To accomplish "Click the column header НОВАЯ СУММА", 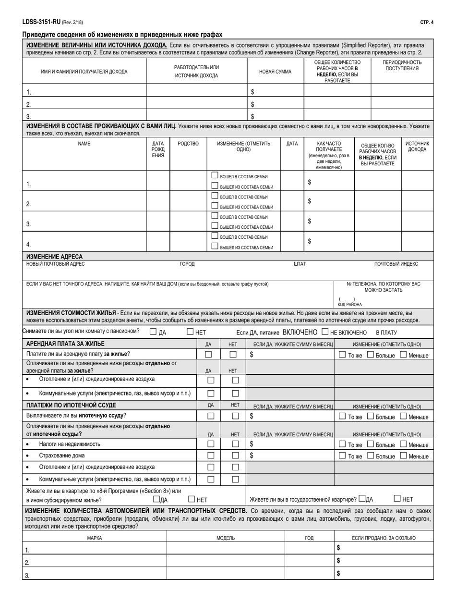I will click(275, 72).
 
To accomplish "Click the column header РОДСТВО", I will click(188, 144).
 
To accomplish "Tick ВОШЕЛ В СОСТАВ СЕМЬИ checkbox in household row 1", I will click(215, 176).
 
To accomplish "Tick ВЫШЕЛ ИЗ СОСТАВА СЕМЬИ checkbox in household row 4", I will click(215, 247).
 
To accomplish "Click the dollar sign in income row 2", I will click(252, 104).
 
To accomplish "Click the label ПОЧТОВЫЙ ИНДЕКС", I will click(396, 264).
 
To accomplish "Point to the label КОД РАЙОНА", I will click(349, 305).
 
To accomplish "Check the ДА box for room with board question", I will click(153, 331).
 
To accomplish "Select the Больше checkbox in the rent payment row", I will click(371, 355).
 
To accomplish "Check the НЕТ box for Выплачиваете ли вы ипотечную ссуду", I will click(235, 416).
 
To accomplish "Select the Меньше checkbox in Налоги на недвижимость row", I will click(403, 444).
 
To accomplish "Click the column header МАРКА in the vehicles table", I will click(94, 538).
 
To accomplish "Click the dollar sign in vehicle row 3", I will click(338, 573).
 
